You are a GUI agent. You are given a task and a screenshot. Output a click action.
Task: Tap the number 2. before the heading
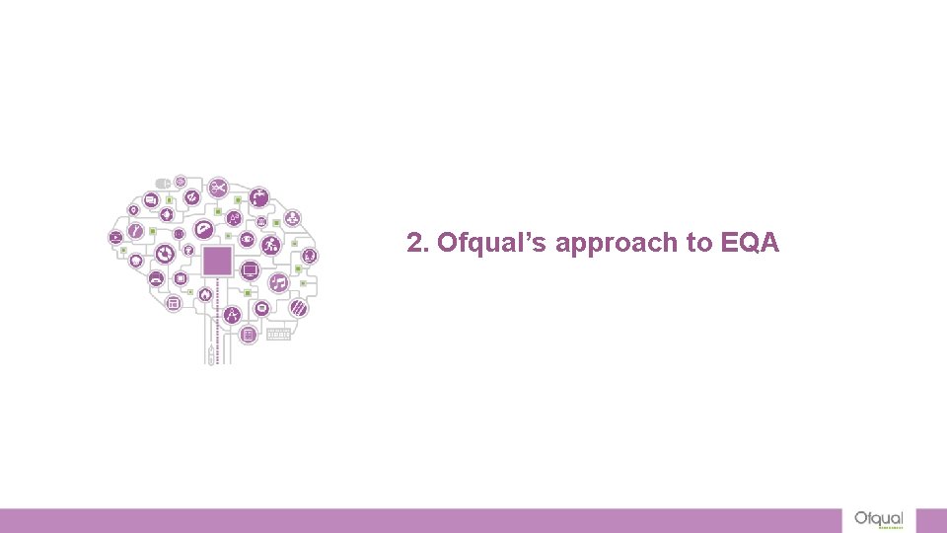click(418, 243)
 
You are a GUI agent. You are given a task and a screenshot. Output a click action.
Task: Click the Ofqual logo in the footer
click(877, 520)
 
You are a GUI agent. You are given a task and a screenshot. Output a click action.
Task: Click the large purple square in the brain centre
click(217, 262)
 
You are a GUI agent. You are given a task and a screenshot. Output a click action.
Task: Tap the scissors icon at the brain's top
click(218, 186)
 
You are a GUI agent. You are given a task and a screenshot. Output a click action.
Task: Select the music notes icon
click(278, 283)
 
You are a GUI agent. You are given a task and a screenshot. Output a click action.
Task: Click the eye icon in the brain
click(248, 239)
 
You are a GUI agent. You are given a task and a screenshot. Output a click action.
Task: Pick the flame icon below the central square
click(205, 294)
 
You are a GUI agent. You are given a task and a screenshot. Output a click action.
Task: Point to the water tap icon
click(259, 197)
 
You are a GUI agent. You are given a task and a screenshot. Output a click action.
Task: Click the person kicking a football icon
click(271, 245)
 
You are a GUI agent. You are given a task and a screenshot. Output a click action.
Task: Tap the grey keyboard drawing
click(279, 335)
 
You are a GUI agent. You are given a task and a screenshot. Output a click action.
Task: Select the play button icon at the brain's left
click(116, 237)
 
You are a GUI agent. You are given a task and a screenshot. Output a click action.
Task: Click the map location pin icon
click(133, 210)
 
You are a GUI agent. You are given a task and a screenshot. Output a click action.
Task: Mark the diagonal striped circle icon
click(297, 308)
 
